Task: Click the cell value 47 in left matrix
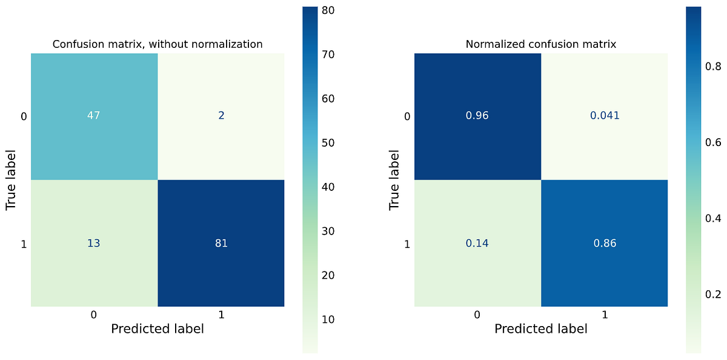[94, 116]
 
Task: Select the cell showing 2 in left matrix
[221, 116]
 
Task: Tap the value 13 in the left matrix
[94, 244]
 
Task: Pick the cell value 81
[221, 244]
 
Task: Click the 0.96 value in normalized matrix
[477, 116]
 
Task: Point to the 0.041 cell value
[605, 116]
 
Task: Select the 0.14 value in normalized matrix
[477, 244]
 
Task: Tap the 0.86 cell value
[605, 244]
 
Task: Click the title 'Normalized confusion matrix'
[541, 44]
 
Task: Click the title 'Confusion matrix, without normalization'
[158, 44]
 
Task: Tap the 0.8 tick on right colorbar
[712, 67]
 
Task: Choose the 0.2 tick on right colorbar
[712, 295]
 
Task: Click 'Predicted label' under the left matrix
[158, 329]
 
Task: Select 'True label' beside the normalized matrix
[394, 180]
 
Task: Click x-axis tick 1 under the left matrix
[221, 315]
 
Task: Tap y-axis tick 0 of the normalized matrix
[407, 116]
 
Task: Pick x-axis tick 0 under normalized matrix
[477, 315]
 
